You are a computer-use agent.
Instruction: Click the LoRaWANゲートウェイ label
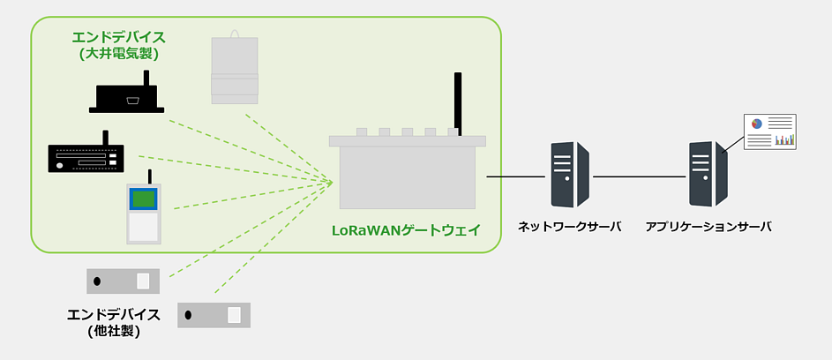pyautogui.click(x=406, y=231)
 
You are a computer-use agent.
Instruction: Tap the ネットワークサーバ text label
pyautogui.click(x=569, y=227)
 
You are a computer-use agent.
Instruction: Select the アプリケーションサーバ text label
pyautogui.click(x=708, y=227)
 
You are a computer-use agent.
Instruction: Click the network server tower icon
pyautogui.click(x=569, y=174)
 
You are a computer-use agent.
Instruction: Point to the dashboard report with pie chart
pyautogui.click(x=769, y=131)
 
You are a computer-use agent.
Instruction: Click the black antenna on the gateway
pyautogui.click(x=458, y=103)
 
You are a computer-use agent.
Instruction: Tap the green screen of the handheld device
pyautogui.click(x=144, y=199)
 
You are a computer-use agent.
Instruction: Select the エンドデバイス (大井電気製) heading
pyautogui.click(x=118, y=45)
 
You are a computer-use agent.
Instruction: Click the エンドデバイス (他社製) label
pyautogui.click(x=114, y=323)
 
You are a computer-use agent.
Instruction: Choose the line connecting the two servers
pyautogui.click(x=639, y=177)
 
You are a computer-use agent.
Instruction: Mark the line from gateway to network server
pyautogui.click(x=515, y=177)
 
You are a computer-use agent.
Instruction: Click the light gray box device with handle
pyautogui.click(x=235, y=70)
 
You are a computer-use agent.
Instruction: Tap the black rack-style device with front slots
pyautogui.click(x=86, y=158)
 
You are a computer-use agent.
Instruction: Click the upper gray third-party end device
pyautogui.click(x=123, y=281)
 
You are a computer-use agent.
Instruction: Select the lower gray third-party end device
pyautogui.click(x=214, y=315)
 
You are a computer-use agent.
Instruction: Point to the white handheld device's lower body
pyautogui.click(x=144, y=227)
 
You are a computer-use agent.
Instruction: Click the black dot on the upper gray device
pyautogui.click(x=97, y=281)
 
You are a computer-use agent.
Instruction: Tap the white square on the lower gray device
pyautogui.click(x=235, y=315)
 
